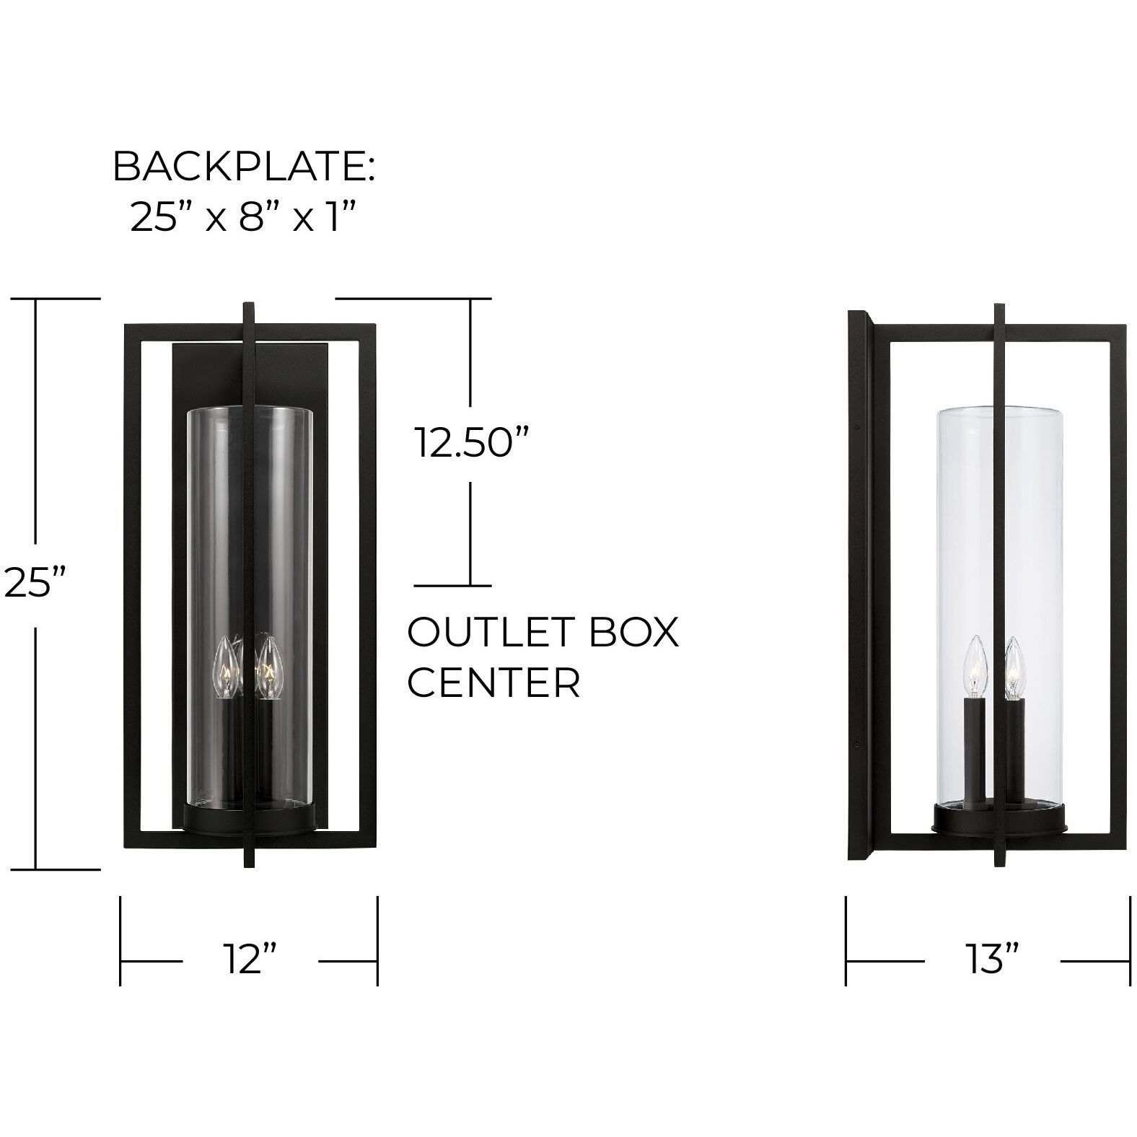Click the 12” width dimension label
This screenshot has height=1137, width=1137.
click(x=250, y=960)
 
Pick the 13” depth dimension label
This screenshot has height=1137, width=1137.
click(x=992, y=960)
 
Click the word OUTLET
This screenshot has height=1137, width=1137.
click(x=476, y=633)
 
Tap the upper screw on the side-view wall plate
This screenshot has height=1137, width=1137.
click(x=856, y=425)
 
